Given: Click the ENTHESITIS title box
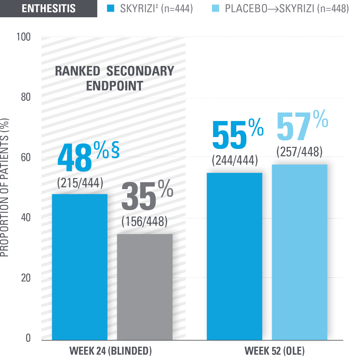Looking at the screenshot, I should pyautogui.click(x=49, y=8).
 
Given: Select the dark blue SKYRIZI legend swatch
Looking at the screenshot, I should pyautogui.click(x=111, y=8).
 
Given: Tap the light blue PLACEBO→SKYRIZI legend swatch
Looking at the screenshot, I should pyautogui.click(x=216, y=8).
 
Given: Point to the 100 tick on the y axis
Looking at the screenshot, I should pyautogui.click(x=24, y=37).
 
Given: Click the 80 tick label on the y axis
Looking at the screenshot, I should pyautogui.click(x=26, y=97).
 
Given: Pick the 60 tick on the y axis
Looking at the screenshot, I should pyautogui.click(x=26, y=157).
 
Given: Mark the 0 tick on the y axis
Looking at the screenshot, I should pyautogui.click(x=28, y=338).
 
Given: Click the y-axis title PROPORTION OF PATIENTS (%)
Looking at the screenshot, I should pyautogui.click(x=5, y=188).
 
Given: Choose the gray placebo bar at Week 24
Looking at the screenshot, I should pyautogui.click(x=145, y=287).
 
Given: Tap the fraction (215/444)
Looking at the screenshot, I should pyautogui.click(x=80, y=183).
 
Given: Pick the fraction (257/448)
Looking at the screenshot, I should pyautogui.click(x=299, y=152).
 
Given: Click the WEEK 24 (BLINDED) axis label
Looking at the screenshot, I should pyautogui.click(x=111, y=351).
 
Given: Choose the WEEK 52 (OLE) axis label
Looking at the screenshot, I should pyautogui.click(x=274, y=351).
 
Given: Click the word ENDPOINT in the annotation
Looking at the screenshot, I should pyautogui.click(x=115, y=86).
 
